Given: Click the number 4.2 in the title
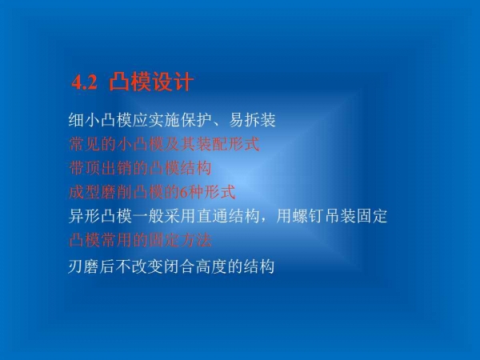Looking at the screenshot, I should coord(84,82).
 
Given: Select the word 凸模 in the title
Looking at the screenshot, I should coord(131,82).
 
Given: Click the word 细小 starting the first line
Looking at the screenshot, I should coord(84,122).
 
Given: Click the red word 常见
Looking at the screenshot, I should coord(84,146).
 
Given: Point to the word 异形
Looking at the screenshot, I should coord(84,216).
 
